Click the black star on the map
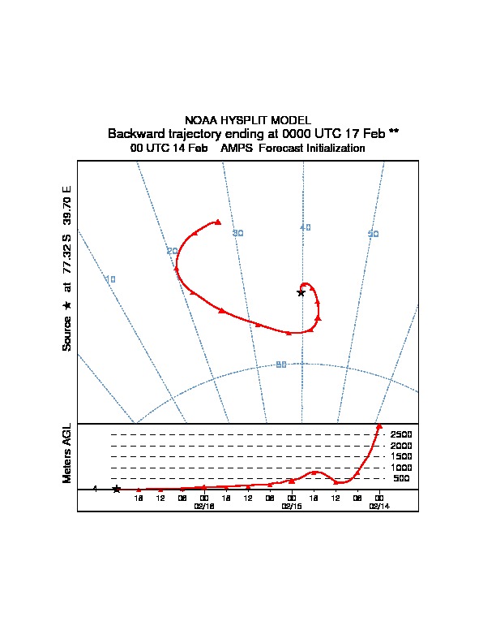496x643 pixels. point(301,292)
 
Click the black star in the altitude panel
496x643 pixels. point(117,489)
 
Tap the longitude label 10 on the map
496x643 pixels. point(111,279)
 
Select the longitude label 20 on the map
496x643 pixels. point(172,251)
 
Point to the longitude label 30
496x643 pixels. point(238,233)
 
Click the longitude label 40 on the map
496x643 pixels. point(305,227)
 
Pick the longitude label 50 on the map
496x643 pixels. point(374,234)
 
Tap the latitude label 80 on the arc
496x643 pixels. point(281,365)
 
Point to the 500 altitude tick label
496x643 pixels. point(402,479)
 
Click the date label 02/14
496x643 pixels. point(379,506)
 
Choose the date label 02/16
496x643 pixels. point(204,506)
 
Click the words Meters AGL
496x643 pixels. point(67,454)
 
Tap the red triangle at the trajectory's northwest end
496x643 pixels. point(218,221)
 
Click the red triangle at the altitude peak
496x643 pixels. point(379,426)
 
